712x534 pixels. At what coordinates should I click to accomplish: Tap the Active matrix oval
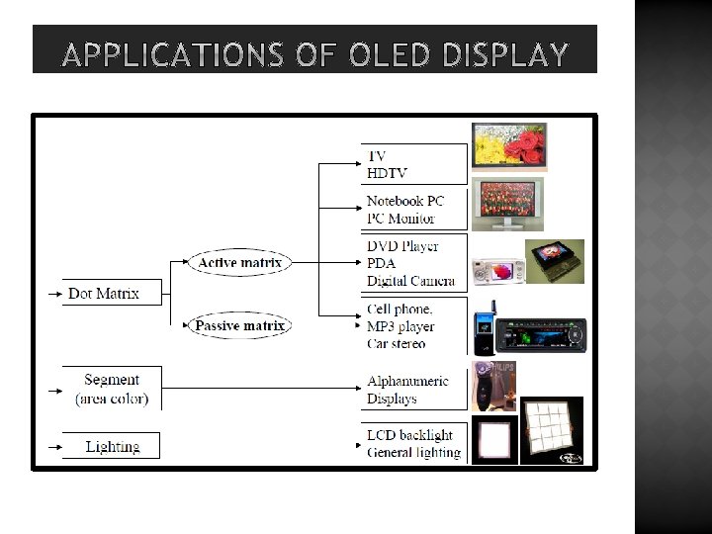tap(241, 262)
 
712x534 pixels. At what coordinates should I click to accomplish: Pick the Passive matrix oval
tap(239, 325)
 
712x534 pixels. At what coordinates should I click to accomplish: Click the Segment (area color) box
tap(112, 389)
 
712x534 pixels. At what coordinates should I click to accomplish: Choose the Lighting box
tap(113, 446)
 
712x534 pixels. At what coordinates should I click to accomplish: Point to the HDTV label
tap(387, 173)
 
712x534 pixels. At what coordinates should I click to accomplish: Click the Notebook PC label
tap(405, 201)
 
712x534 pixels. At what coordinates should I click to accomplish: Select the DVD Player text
tap(402, 245)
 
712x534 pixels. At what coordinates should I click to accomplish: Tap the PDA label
tap(382, 263)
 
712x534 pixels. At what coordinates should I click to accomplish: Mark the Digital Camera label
tap(410, 281)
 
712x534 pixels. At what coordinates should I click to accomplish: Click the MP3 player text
tap(400, 326)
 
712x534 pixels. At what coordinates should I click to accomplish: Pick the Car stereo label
tap(397, 343)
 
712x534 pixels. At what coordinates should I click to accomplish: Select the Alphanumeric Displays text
tap(406, 390)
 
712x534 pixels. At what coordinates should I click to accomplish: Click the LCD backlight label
tap(409, 435)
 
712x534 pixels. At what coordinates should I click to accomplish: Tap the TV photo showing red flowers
tap(508, 146)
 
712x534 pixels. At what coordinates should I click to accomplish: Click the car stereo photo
tap(539, 334)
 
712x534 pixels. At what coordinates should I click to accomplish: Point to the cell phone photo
tap(484, 333)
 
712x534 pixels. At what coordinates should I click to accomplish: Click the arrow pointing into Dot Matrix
tap(53, 294)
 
